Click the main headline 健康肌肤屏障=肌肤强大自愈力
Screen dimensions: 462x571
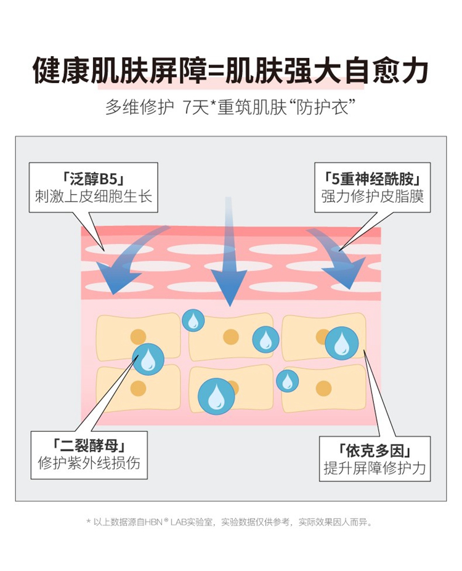pos(231,70)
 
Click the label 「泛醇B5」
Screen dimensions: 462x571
pos(93,179)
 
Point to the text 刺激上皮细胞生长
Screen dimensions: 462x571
pos(93,196)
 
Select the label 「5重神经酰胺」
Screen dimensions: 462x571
pos(373,179)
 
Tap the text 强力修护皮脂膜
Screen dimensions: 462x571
pos(373,196)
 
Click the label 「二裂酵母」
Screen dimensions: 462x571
pos(89,446)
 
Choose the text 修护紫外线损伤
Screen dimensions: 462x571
pos(89,463)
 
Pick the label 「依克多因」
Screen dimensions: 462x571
pos(375,451)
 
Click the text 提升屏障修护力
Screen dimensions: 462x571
pos(375,468)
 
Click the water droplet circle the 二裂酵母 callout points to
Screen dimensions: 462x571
pos(148,359)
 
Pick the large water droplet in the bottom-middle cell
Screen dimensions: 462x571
pos(216,396)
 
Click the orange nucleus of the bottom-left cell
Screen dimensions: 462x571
pos(138,388)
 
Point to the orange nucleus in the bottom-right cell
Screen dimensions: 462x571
pos(323,388)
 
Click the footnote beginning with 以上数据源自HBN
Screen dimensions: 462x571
pos(230,522)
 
